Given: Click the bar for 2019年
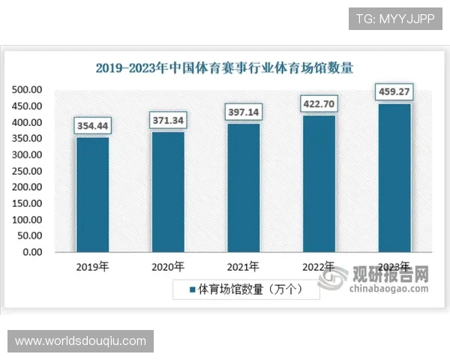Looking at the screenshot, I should tap(92, 194).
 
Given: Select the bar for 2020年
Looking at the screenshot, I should tap(168, 191).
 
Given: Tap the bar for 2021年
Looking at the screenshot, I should tap(243, 187).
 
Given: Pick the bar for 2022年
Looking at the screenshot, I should tap(319, 183).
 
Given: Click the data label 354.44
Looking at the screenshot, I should tap(92, 126).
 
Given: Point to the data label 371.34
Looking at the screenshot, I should tap(168, 120).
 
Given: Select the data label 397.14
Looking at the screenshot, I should tap(243, 112).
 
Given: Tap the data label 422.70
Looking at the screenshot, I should tap(319, 103).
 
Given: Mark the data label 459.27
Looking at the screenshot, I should tap(394, 92).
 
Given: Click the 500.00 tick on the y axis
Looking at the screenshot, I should tap(27, 90).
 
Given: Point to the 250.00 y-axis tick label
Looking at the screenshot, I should tap(27, 171).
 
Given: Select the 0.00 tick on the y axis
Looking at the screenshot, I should tap(32, 252).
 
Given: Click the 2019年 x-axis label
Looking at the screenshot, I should tap(92, 266).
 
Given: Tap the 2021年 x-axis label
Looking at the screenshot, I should tap(243, 266).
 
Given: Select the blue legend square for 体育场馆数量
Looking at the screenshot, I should tap(192, 289).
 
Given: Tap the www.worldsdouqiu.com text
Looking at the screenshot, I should tap(80, 341).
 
